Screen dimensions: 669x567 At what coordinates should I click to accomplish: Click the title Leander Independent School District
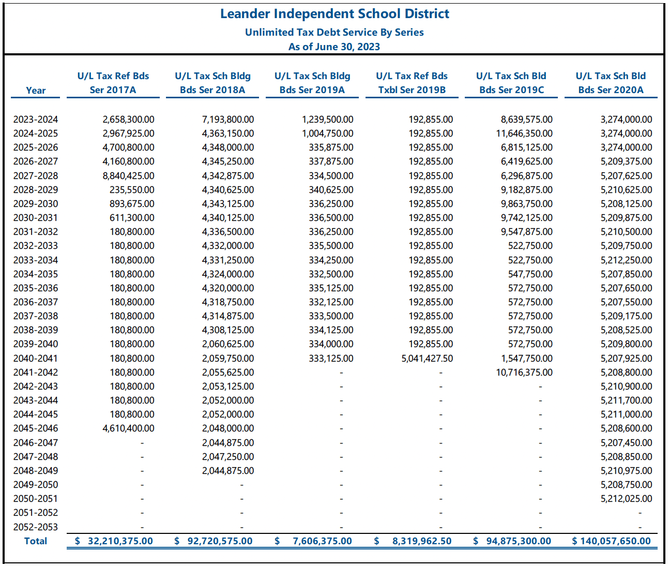(334, 14)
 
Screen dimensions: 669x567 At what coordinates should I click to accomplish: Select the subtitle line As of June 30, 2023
(334, 47)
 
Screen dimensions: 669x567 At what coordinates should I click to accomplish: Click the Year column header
(36, 91)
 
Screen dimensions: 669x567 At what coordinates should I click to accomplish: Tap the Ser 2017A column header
(113, 89)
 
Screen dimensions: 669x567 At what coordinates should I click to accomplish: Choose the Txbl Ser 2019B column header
(412, 89)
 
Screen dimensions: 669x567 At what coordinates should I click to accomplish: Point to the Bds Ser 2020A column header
(611, 89)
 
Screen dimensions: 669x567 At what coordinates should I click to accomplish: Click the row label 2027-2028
(36, 176)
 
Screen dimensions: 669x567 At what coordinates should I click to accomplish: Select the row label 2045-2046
(36, 428)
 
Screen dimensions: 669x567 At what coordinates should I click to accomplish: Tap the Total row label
(36, 541)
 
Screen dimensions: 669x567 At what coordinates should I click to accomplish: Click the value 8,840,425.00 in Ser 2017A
(129, 176)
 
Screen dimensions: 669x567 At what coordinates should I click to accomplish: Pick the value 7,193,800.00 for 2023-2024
(228, 120)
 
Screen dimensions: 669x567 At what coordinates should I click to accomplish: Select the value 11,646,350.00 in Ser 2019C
(524, 133)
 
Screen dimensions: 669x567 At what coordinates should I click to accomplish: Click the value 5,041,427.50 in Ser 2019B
(427, 359)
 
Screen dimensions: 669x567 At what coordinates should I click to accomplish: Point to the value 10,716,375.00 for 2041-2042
(524, 372)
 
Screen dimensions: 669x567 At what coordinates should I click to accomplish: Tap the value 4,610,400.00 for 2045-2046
(129, 428)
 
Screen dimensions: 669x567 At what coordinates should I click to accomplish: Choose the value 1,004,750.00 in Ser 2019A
(328, 133)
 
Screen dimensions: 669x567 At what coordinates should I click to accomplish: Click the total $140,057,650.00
(612, 541)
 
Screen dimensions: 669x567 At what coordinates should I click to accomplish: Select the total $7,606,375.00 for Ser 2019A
(313, 541)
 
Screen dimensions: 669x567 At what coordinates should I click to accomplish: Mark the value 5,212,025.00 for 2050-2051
(626, 499)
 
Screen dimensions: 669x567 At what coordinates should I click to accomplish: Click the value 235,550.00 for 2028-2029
(132, 190)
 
